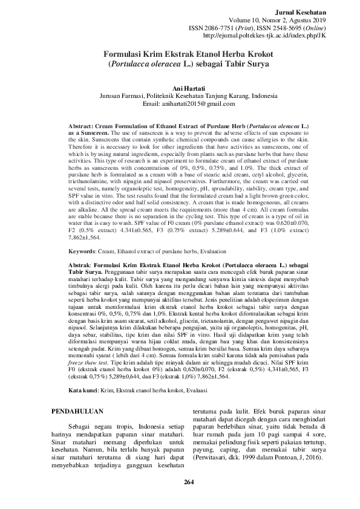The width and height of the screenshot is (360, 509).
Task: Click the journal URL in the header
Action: point(273,35)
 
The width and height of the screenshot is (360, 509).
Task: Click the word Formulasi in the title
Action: point(126,54)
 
